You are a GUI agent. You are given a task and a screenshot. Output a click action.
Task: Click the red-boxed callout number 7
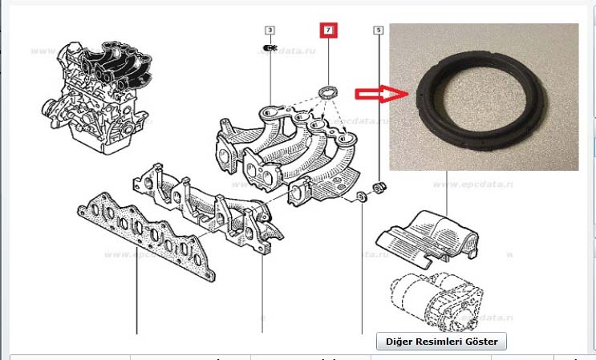point(328,30)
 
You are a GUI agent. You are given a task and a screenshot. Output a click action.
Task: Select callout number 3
point(270,30)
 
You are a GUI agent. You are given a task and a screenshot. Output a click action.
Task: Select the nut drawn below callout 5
point(381,188)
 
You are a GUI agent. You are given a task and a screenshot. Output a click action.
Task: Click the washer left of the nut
point(363,197)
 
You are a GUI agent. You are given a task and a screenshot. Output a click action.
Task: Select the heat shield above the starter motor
point(425,233)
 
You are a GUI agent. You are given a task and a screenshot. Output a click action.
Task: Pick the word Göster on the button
point(480,342)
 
